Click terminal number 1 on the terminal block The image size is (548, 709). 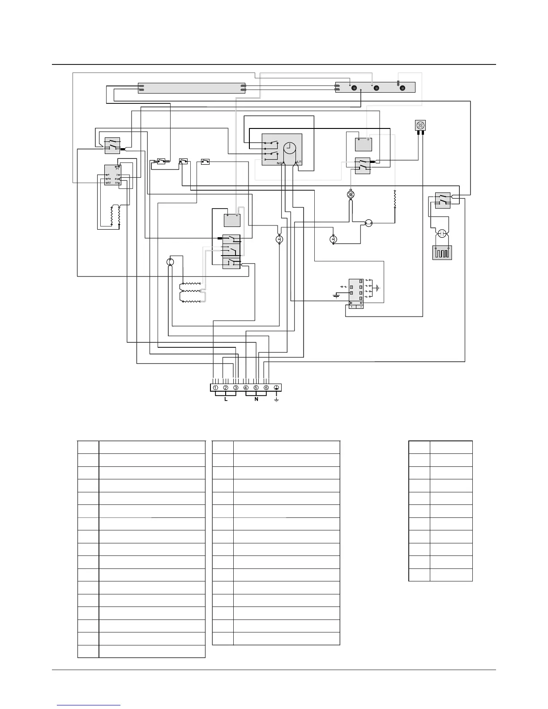(216, 388)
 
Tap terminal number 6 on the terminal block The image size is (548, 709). (266, 388)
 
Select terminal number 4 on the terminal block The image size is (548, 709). (246, 388)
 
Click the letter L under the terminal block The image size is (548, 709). (226, 399)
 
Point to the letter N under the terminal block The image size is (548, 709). (256, 399)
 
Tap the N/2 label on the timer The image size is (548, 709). (280, 163)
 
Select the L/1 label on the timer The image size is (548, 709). (300, 162)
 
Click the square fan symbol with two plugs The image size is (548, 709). (420, 125)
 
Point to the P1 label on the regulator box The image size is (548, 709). (117, 169)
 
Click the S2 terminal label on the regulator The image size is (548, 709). (108, 183)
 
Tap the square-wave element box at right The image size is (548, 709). (442, 252)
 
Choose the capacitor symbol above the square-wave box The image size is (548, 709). (442, 233)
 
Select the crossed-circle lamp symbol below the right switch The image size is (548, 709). (351, 195)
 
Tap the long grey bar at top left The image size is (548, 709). (192, 88)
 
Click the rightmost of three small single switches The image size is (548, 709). (205, 162)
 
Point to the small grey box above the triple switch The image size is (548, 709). (232, 220)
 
